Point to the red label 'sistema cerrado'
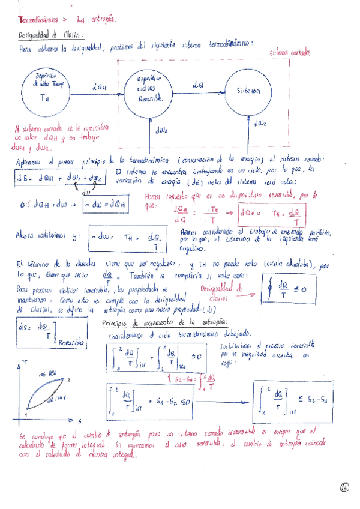(x=290, y=53)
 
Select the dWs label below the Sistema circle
(x=260, y=124)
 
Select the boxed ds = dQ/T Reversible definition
(x=45, y=332)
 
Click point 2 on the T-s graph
(x=69, y=379)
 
